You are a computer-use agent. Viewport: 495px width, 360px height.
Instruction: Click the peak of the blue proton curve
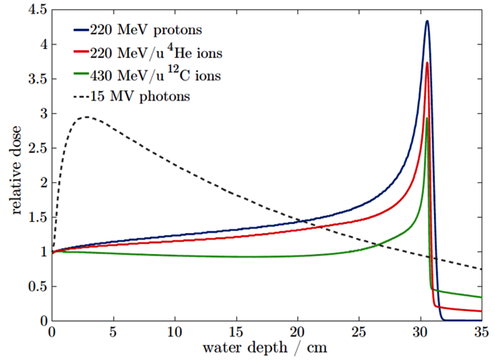(427, 21)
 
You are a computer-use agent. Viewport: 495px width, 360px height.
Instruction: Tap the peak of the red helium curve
(427, 63)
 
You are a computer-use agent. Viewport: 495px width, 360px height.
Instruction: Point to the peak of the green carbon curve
(427, 118)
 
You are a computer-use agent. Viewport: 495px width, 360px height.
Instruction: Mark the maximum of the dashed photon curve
(87, 117)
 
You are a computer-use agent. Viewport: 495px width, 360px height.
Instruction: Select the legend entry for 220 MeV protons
(146, 30)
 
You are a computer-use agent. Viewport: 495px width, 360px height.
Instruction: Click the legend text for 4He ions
(156, 53)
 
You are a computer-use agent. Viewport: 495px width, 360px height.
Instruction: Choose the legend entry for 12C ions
(155, 75)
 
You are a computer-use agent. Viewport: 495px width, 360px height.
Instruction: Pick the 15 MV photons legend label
(140, 96)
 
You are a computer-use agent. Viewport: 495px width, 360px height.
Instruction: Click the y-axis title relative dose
(16, 170)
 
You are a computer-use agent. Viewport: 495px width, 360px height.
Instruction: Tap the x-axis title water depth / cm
(265, 347)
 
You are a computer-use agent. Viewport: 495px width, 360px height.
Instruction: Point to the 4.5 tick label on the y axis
(38, 10)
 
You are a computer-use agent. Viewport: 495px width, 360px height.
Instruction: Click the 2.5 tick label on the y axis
(38, 148)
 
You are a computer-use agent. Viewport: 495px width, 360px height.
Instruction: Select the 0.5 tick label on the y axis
(38, 286)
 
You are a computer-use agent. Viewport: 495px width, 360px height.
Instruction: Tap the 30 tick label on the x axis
(420, 332)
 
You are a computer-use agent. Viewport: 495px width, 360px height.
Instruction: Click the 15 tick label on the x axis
(236, 332)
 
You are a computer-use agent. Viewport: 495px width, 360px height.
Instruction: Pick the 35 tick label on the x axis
(481, 332)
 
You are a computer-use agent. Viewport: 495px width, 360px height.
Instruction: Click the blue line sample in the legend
(81, 30)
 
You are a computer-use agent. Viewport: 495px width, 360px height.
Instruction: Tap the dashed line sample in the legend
(81, 97)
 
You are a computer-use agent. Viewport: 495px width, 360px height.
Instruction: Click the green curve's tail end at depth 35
(481, 297)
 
